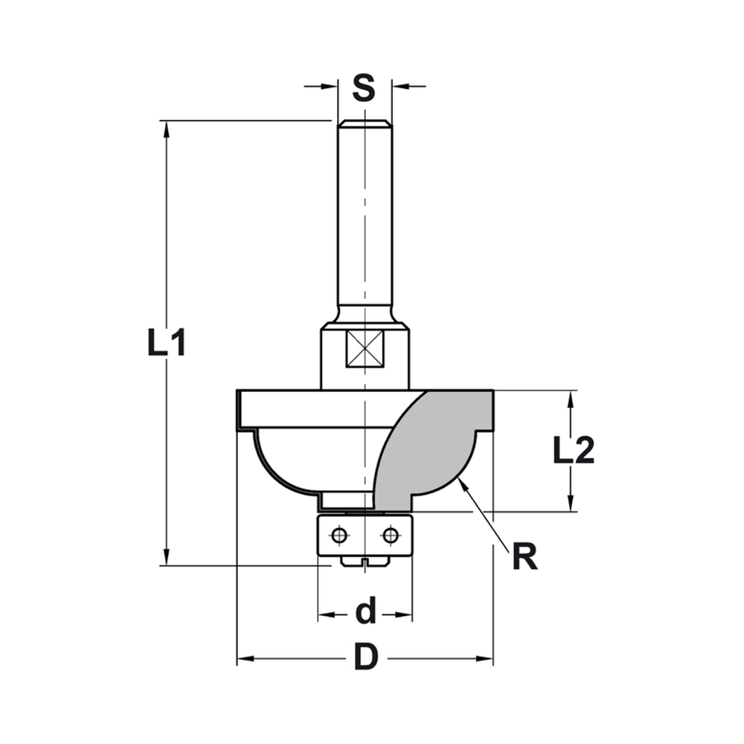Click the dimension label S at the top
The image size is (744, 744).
tap(363, 88)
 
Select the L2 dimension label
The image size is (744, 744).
tap(573, 451)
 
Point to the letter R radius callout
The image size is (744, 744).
tap(525, 557)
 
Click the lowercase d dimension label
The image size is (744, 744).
tap(365, 613)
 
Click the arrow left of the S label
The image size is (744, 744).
tap(328, 87)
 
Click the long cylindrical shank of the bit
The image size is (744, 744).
tap(364, 223)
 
